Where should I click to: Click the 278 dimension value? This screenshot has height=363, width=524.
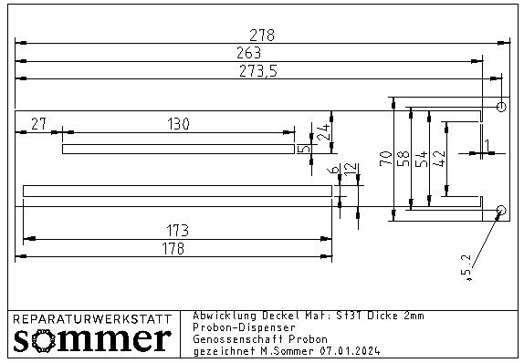point(262,35)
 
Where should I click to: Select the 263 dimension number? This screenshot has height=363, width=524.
point(249,53)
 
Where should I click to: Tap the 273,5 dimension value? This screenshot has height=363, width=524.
point(258,71)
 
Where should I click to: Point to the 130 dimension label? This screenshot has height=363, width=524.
point(178,124)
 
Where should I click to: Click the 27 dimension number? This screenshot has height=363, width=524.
point(38,124)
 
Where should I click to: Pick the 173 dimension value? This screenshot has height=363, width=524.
point(177,231)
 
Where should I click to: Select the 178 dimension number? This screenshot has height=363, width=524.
point(173,248)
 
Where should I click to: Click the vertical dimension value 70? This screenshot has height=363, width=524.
point(386,159)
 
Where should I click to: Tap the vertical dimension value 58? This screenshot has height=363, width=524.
point(403,159)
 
